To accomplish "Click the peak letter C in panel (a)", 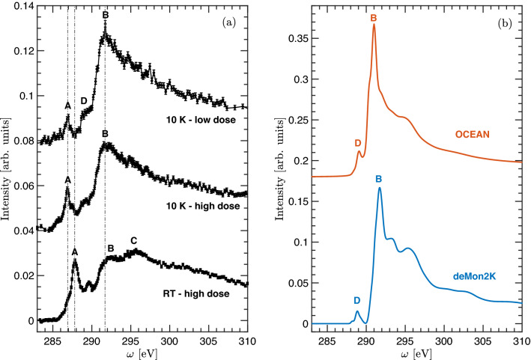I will pyautogui.click(x=133, y=241).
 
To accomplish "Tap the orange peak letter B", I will pyautogui.click(x=373, y=16).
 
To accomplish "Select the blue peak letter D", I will pyautogui.click(x=356, y=300).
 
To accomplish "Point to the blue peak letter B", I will pyautogui.click(x=379, y=180).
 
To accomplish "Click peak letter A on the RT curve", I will pyautogui.click(x=75, y=253).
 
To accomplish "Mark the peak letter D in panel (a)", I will pyautogui.click(x=83, y=100).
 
